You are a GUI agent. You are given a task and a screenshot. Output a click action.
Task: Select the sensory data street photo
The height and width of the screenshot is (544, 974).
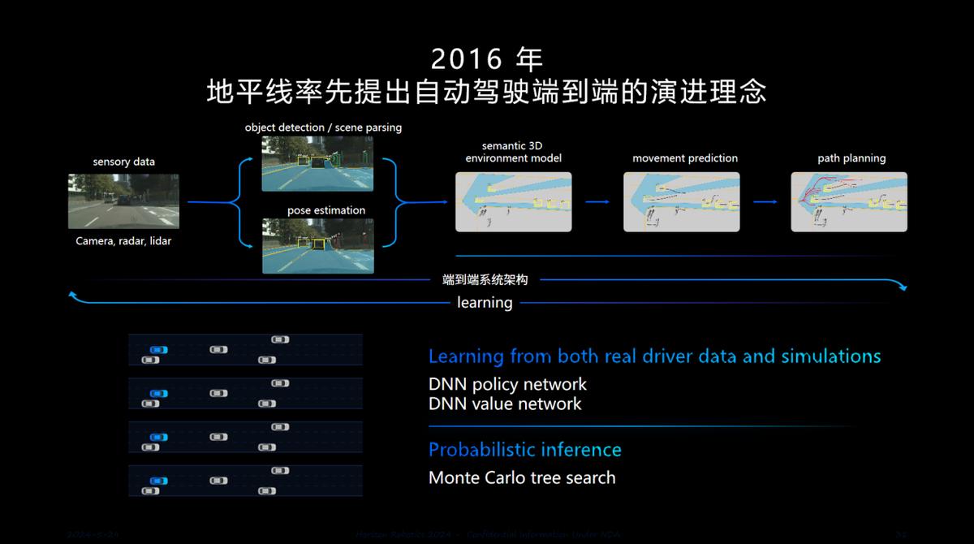[123, 201]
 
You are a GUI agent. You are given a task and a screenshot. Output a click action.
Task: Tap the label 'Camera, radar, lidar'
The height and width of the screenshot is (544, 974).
[123, 241]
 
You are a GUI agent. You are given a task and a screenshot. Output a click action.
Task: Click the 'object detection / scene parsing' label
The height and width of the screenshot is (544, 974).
[323, 127]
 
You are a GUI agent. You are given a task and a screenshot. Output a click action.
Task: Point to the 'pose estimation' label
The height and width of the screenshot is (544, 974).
[326, 210]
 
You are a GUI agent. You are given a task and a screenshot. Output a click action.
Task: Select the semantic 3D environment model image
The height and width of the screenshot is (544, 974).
[513, 202]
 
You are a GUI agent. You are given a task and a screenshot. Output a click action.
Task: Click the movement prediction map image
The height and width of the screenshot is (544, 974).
[681, 202]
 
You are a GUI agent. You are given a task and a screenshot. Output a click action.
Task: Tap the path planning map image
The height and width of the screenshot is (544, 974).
[849, 202]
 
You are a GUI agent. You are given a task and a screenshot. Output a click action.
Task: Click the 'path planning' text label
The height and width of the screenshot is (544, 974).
[851, 158]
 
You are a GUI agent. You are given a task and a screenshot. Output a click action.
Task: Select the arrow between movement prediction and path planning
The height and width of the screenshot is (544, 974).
[765, 202]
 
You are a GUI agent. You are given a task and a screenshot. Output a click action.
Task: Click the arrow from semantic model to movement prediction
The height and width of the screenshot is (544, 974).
[597, 202]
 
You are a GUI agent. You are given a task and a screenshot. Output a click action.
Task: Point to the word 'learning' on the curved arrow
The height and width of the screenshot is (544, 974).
[485, 303]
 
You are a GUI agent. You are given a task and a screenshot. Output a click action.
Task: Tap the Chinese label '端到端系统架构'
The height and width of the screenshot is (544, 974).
[485, 279]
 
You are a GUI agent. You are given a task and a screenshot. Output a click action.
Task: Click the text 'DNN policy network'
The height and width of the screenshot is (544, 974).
[507, 384]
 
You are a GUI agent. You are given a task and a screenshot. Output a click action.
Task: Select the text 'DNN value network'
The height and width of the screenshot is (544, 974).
[505, 404]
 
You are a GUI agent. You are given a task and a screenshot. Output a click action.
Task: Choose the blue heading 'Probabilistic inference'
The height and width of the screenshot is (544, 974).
[524, 450]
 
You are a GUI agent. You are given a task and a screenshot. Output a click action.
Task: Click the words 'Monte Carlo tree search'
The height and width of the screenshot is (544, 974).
[522, 477]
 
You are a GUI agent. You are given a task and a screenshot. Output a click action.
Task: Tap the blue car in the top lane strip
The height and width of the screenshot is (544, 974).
[158, 350]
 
